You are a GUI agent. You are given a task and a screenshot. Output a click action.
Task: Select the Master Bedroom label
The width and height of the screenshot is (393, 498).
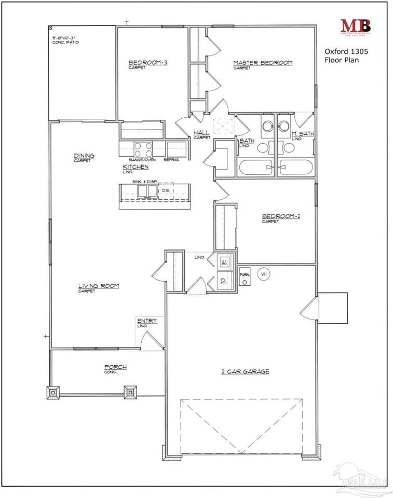[263, 63]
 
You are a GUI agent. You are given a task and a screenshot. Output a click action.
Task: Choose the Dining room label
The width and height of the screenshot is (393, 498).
[83, 156]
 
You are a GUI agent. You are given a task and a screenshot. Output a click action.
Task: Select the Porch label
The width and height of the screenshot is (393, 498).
[115, 367]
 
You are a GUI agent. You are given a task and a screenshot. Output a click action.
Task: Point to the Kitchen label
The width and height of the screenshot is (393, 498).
[135, 167]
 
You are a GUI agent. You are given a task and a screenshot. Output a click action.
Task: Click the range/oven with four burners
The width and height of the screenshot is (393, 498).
[143, 149]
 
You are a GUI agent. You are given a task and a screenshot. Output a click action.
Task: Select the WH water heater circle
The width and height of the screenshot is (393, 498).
[263, 273]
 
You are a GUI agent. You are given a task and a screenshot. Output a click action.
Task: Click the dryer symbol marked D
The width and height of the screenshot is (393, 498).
[224, 281]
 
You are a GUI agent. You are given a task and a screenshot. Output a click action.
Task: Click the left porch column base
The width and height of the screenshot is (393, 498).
[53, 393]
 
